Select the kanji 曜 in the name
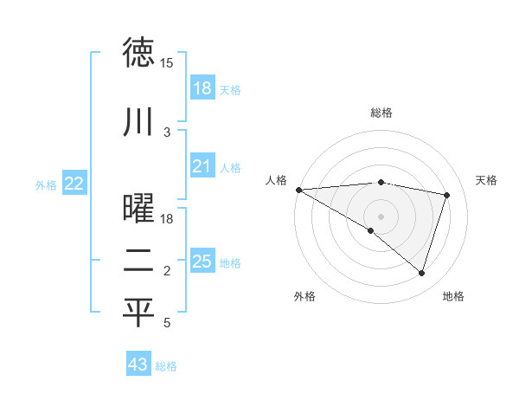tap(138, 209)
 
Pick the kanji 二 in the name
tap(138, 261)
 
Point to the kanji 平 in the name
tap(138, 313)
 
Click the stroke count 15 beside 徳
tap(166, 63)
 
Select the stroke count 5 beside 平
tap(167, 323)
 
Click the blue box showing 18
tap(202, 88)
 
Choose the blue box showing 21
tap(202, 166)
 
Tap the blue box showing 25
tap(202, 262)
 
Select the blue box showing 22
tap(74, 184)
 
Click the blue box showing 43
tap(138, 365)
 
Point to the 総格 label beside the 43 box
tap(166, 366)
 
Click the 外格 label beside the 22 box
tap(46, 184)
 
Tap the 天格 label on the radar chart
tap(487, 180)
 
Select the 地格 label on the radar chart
tap(453, 296)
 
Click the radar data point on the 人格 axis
tap(298, 189)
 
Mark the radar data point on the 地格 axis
tap(421, 274)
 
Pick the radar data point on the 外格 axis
tap(371, 230)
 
